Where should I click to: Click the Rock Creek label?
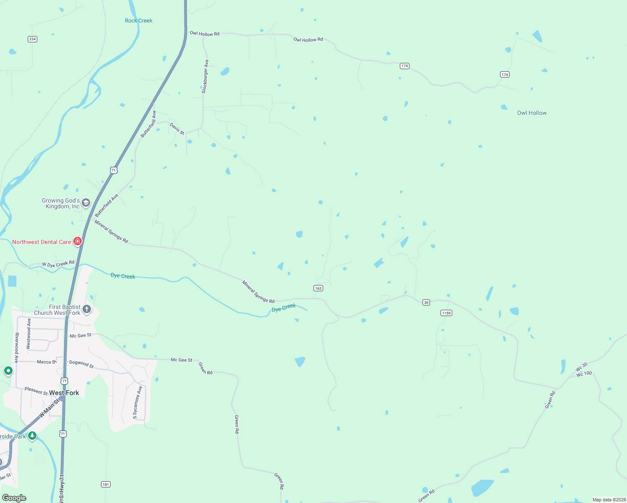pos(138,21)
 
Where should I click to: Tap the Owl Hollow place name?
pos(531,113)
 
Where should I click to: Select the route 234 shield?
pos(32,39)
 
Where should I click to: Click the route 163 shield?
pos(318,288)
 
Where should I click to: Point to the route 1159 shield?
pos(446,313)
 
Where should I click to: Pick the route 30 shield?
pos(426,303)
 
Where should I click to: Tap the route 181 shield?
pos(106,485)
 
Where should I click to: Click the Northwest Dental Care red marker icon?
pos(77,241)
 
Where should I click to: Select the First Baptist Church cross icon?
pos(87,310)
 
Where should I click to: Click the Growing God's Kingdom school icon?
pos(86,203)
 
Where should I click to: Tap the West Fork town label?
pos(64,393)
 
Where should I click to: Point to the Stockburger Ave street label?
pos(205,76)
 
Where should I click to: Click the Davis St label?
pos(177,128)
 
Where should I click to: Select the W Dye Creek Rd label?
pos(58,264)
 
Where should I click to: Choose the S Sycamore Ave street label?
pos(137,402)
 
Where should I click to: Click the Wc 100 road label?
pos(584,373)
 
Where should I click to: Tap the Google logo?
pos(14,498)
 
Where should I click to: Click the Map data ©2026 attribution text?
pos(609,500)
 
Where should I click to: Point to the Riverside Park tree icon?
pos(32,436)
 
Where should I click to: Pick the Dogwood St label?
pos(81,364)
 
